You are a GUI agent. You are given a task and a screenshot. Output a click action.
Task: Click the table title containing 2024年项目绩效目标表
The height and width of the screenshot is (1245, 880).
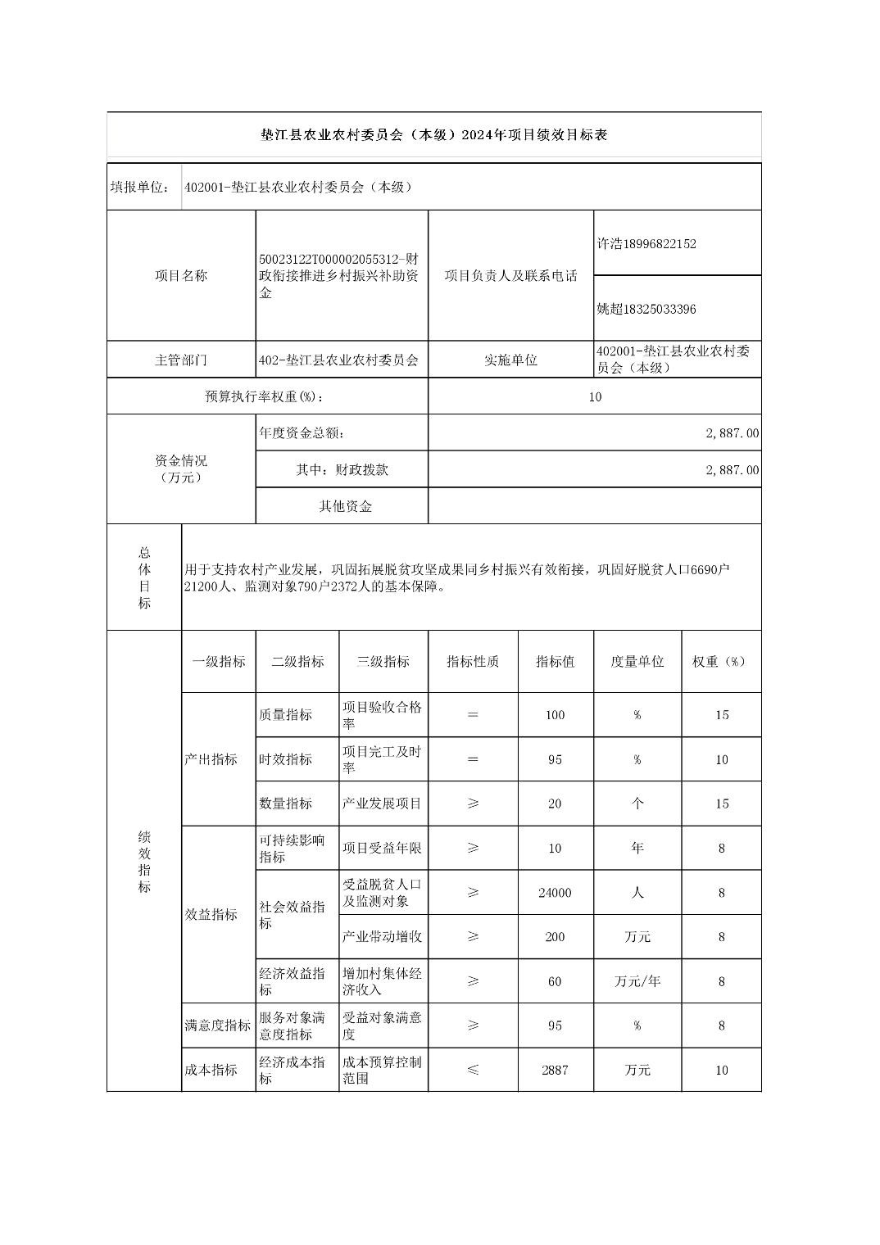point(433,135)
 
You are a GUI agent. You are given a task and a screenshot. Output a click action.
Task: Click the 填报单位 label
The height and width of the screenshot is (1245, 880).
point(139,187)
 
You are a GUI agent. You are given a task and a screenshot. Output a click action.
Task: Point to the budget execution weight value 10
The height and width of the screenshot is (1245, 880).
point(595,396)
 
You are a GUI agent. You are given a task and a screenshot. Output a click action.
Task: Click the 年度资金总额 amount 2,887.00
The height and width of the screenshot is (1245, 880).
point(732,432)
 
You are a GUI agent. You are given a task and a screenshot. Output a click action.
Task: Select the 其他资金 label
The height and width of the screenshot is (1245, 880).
point(345,506)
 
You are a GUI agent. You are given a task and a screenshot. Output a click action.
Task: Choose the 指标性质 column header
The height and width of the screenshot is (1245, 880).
point(473,662)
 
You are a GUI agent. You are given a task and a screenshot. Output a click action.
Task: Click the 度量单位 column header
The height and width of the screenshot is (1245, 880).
point(637,662)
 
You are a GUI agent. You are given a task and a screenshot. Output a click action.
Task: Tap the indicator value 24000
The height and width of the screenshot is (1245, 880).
point(555,893)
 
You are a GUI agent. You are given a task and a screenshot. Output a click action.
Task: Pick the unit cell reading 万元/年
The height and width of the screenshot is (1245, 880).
point(637,981)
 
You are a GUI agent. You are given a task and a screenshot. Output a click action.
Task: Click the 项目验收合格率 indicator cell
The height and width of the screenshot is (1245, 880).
point(382,715)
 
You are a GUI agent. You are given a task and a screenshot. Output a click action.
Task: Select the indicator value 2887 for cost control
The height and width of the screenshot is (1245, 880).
point(555,1070)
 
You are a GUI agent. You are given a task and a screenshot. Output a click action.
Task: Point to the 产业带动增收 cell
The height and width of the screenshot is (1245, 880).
point(382,936)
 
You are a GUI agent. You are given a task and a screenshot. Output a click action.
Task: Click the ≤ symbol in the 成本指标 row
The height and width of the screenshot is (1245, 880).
point(473,1070)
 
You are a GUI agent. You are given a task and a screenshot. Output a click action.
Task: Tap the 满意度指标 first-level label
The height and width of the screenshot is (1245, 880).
point(218,1025)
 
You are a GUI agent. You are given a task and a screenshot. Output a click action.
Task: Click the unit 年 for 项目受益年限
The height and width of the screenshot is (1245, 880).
point(637,848)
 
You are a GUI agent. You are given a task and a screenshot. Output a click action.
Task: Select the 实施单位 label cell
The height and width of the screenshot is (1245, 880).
point(510,360)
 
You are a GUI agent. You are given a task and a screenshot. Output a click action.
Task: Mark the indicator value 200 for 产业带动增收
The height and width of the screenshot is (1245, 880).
point(555,936)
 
